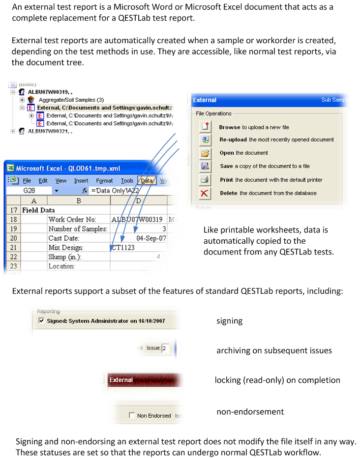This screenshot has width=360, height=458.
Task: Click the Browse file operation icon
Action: [x=205, y=127]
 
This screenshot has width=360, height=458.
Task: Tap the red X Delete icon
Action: [x=205, y=193]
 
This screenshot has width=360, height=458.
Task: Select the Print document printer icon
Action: [x=205, y=180]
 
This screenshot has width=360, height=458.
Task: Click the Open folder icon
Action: [x=205, y=153]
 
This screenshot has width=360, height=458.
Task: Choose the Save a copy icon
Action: [x=205, y=167]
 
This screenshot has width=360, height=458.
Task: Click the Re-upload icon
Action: [x=205, y=140]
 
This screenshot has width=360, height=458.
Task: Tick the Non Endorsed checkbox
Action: [x=131, y=415]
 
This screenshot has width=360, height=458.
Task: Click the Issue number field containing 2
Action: [x=165, y=348]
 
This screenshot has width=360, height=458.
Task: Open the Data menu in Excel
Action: [x=147, y=181]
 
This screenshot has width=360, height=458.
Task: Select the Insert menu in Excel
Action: [x=81, y=181]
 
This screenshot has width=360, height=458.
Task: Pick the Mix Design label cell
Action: [x=66, y=247]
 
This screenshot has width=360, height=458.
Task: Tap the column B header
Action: [x=79, y=200]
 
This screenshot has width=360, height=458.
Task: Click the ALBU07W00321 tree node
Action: [x=50, y=131]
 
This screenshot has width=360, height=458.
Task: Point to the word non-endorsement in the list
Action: [x=250, y=411]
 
